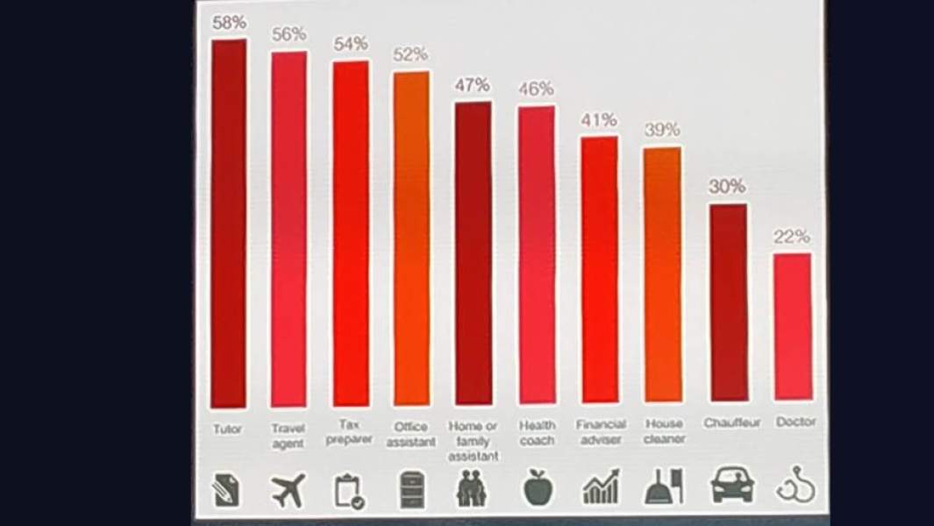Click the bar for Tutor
[229, 224]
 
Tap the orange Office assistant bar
[411, 237]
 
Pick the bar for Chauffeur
[729, 302]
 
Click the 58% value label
[229, 23]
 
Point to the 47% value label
[472, 85]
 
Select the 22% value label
[792, 237]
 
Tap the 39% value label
[662, 130]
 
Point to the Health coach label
[537, 433]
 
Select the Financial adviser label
[601, 432]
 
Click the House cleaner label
[664, 431]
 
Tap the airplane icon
[289, 491]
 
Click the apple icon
[538, 488]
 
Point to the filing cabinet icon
[410, 489]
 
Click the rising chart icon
[601, 487]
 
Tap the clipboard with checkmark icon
[350, 491]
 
